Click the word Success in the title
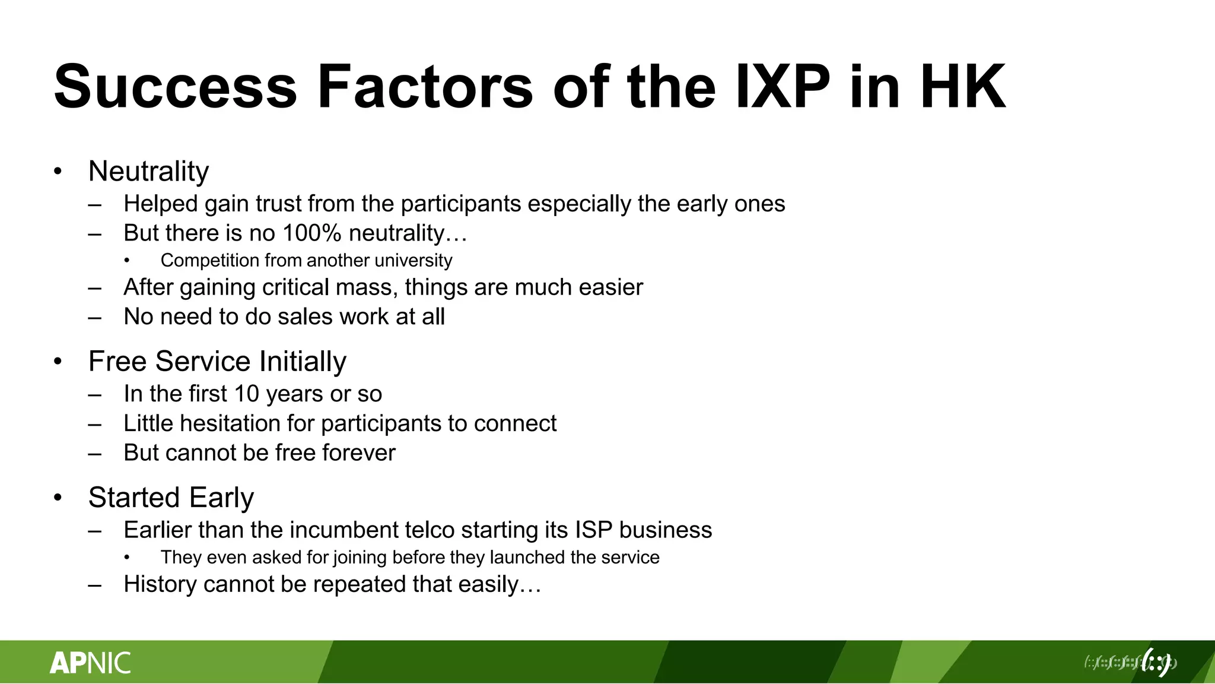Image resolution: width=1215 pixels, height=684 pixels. [175, 87]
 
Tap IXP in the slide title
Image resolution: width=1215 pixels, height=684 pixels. [782, 87]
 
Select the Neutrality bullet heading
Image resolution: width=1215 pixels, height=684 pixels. [148, 172]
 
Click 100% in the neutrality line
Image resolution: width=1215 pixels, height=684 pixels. [311, 233]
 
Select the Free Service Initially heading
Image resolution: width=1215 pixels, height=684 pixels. [217, 362]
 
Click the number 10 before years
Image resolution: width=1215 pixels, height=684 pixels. [246, 394]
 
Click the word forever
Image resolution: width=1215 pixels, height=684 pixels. [358, 453]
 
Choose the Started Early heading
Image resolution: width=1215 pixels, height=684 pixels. [171, 498]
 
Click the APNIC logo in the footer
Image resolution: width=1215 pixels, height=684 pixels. [90, 663]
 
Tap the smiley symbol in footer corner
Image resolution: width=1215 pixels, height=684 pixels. [1156, 662]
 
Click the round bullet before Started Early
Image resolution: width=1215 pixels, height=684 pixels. [58, 498]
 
